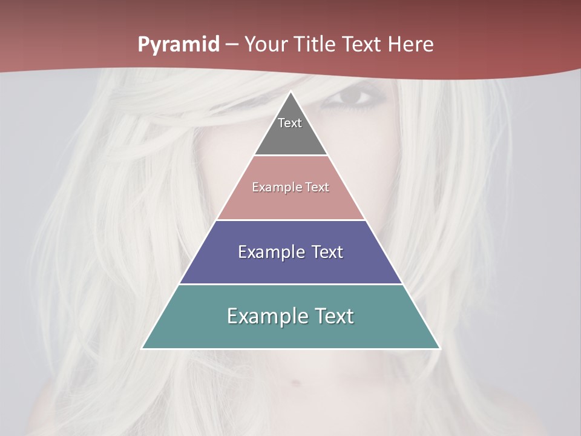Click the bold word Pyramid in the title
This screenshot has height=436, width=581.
click(179, 45)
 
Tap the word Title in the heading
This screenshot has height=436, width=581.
click(318, 45)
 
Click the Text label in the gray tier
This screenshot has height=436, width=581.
click(290, 123)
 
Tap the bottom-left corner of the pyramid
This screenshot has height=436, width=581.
click(143, 348)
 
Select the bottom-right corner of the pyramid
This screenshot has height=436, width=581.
click(439, 348)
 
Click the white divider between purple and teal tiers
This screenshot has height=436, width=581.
click(291, 284)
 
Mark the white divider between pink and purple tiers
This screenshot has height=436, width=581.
click(291, 220)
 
